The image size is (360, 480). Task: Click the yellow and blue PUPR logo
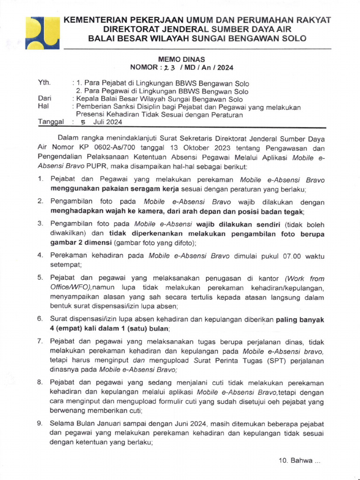(41, 32)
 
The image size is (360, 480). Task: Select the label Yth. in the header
(44, 83)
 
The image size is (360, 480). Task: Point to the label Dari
(45, 99)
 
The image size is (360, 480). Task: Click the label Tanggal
(50, 122)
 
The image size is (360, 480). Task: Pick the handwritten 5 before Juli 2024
(83, 122)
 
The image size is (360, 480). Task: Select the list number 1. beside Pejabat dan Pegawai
(41, 180)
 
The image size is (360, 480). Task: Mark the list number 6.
(41, 319)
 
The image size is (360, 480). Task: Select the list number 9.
(41, 423)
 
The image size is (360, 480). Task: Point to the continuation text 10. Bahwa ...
(299, 461)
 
